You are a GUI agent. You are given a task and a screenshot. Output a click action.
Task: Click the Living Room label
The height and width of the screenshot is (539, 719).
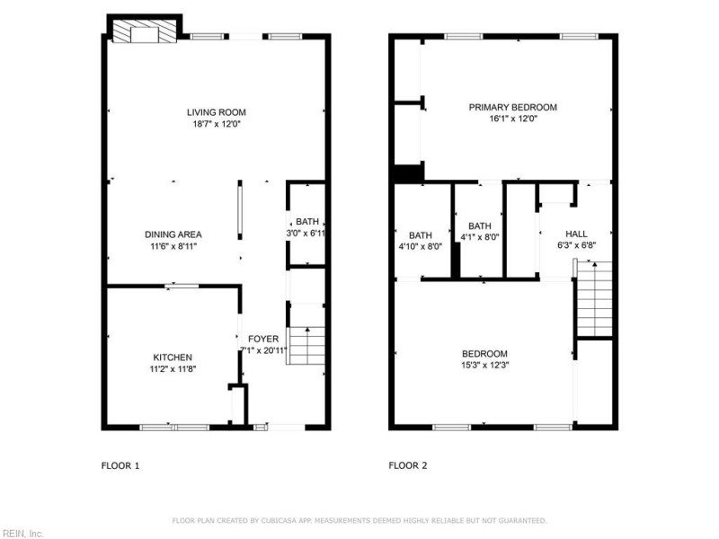click(216, 112)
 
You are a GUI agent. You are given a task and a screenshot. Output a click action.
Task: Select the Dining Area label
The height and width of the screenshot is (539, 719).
click(173, 234)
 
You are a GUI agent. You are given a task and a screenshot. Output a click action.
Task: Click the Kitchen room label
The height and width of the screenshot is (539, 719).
click(173, 358)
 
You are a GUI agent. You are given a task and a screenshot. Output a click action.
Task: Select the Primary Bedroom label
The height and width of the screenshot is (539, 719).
click(512, 107)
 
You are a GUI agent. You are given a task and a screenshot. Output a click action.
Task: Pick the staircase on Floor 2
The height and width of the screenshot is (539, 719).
click(593, 297)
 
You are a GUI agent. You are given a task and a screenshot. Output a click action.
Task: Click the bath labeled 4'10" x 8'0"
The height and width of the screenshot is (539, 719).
click(421, 235)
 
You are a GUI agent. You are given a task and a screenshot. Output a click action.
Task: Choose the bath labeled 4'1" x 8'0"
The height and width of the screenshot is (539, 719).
click(480, 226)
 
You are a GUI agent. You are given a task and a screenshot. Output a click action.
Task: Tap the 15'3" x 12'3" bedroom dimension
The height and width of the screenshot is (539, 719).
click(485, 365)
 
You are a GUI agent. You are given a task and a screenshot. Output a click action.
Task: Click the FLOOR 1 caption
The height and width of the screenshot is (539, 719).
click(120, 466)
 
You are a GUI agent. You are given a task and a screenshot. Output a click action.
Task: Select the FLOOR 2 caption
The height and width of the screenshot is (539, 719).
click(407, 466)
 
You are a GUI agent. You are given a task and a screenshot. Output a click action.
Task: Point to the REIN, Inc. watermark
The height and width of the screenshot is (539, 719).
click(22, 533)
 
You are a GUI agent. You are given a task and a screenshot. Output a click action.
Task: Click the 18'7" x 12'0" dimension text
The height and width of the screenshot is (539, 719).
click(216, 124)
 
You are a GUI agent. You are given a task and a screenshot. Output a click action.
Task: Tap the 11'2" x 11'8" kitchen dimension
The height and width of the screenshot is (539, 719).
click(173, 369)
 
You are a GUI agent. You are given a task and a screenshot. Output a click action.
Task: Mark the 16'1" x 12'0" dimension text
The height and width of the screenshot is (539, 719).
click(512, 119)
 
